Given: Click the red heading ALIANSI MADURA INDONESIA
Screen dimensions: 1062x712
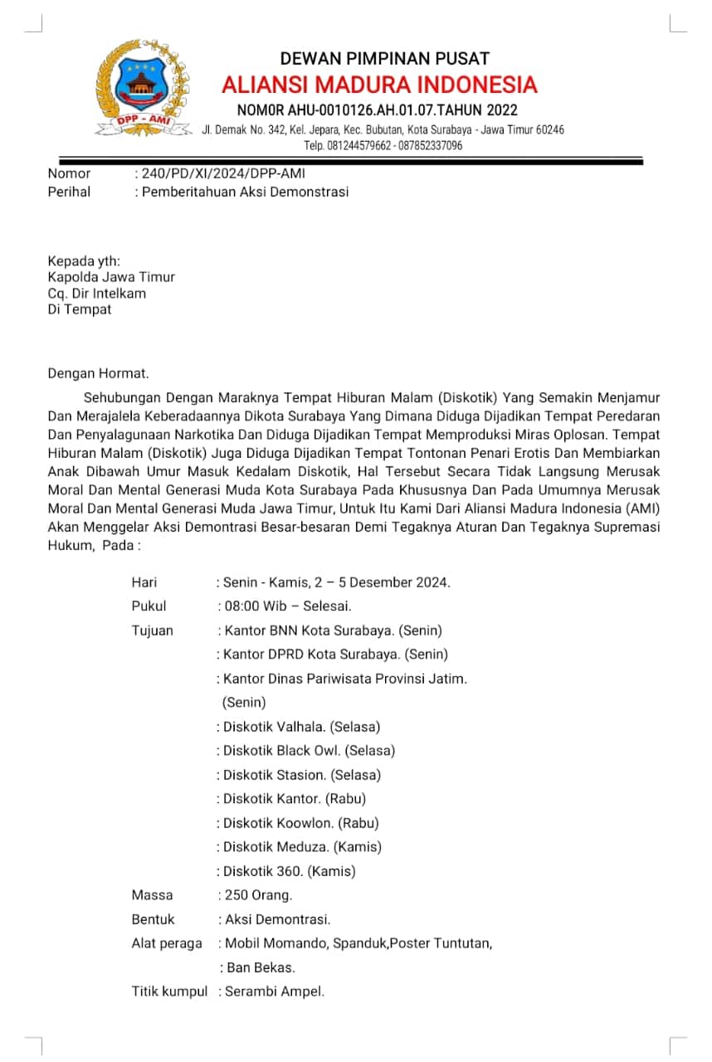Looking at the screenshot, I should tap(379, 85).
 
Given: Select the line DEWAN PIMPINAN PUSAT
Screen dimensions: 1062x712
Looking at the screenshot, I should tap(384, 58).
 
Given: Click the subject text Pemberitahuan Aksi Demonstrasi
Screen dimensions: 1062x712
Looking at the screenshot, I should tap(245, 192).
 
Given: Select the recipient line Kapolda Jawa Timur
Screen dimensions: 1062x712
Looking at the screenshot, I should tap(111, 277).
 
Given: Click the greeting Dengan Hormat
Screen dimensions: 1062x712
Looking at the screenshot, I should tap(98, 373).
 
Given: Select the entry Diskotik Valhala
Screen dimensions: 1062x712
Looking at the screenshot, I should tap(275, 727).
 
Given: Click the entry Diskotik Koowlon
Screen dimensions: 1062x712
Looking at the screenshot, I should tap(274, 823).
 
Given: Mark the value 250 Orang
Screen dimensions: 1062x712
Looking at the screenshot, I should tap(258, 895).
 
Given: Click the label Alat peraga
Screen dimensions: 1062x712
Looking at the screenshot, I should tap(167, 943).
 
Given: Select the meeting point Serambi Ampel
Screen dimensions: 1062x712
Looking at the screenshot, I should tap(274, 991).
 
